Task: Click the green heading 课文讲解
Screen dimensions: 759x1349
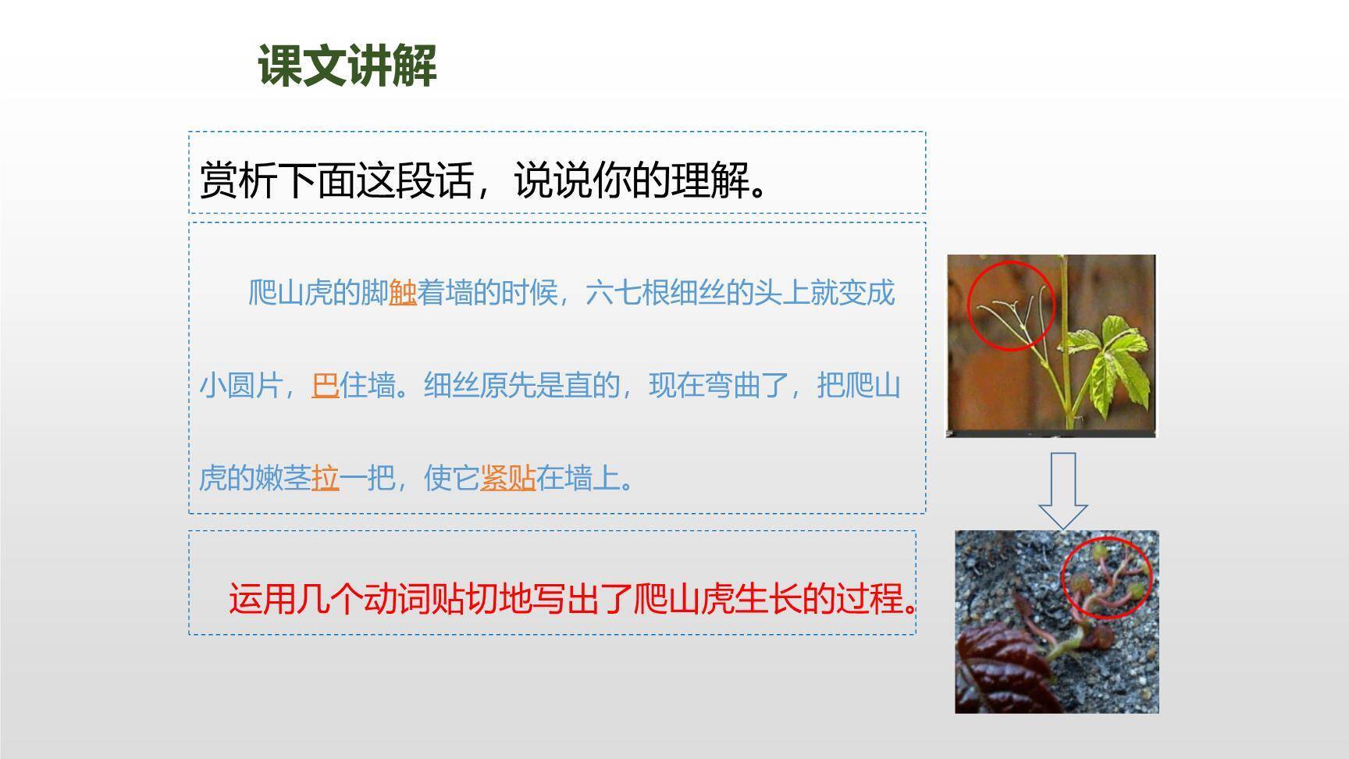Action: [x=347, y=66]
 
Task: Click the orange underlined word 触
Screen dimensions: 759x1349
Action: [x=403, y=294]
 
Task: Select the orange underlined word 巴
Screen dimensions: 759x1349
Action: [x=325, y=386]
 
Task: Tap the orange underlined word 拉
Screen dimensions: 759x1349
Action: [x=326, y=477]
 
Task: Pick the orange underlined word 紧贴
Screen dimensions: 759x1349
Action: [x=507, y=477]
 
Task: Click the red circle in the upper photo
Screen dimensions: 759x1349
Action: [x=1011, y=306]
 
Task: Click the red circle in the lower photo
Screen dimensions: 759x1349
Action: [x=1107, y=578]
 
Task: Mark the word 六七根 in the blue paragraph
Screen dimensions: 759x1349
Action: [x=627, y=294]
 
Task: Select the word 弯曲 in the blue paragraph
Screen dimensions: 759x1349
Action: [x=731, y=386]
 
